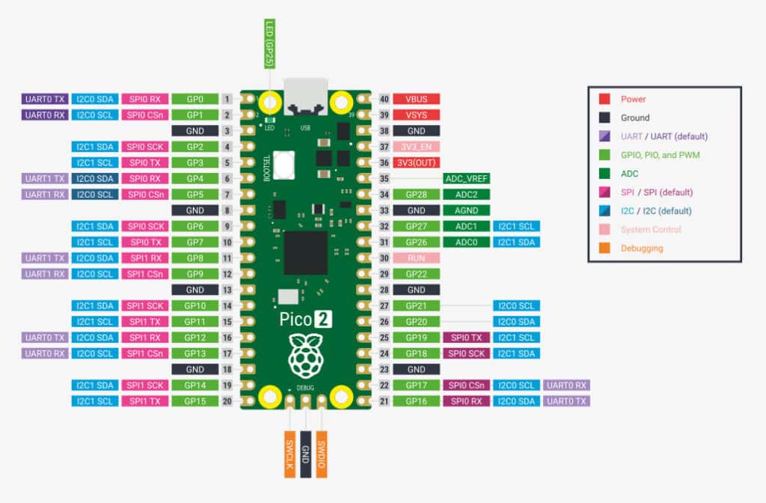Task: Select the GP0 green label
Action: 194,99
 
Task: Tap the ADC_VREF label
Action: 466,179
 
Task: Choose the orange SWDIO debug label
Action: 322,454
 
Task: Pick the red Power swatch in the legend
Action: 604,99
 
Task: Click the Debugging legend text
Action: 641,249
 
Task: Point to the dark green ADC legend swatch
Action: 604,174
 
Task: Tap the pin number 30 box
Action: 384,257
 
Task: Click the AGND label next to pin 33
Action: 466,210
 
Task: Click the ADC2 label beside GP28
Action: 466,195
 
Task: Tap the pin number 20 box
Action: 227,401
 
